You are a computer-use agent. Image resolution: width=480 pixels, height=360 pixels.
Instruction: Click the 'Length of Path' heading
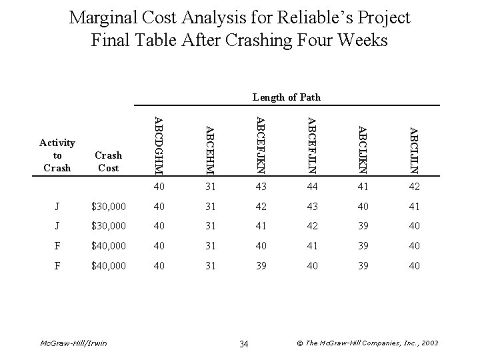pyautogui.click(x=287, y=97)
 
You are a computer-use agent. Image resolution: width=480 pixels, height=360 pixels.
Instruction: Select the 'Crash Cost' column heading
pyautogui.click(x=109, y=161)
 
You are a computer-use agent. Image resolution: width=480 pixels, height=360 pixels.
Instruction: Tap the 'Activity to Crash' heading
pyautogui.click(x=57, y=155)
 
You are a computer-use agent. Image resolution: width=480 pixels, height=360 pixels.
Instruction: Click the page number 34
pyautogui.click(x=243, y=343)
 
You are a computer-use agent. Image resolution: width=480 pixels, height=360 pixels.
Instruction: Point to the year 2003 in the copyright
pyautogui.click(x=428, y=343)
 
